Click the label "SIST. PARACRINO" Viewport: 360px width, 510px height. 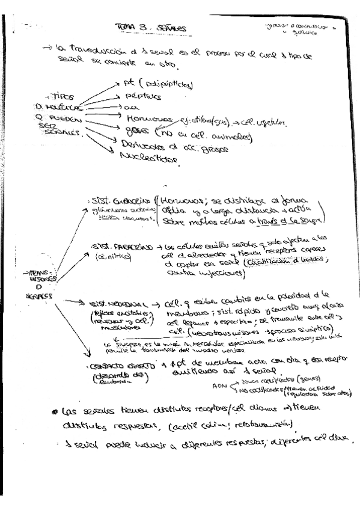[117, 247]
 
